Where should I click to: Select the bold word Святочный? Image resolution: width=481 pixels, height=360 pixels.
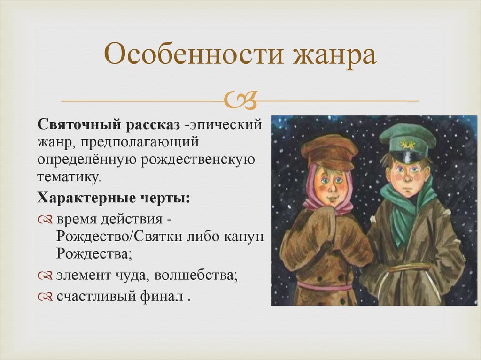pyautogui.click(x=80, y=125)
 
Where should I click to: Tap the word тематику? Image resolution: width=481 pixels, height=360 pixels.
pyautogui.click(x=69, y=176)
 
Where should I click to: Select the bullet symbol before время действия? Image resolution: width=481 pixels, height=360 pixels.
pyautogui.click(x=46, y=219)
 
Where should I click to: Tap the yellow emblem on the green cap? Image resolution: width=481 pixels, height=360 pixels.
pyautogui.click(x=407, y=144)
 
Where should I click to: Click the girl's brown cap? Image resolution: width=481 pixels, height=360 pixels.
pyautogui.click(x=329, y=150)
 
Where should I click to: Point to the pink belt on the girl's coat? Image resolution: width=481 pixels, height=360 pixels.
pyautogui.click(x=324, y=285)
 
